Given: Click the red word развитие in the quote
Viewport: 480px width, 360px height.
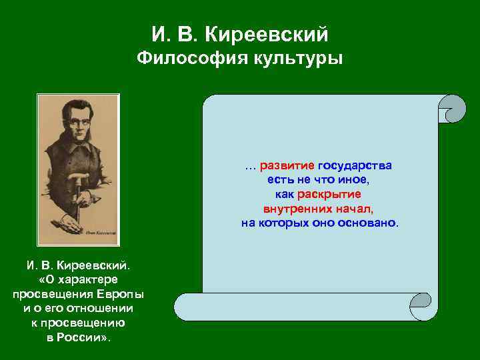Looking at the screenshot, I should [287, 165].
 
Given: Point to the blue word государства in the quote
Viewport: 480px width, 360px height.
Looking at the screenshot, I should [355, 165].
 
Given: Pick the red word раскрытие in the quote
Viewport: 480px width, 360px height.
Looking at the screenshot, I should [329, 194].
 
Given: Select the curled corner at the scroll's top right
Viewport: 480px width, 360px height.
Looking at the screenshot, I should [453, 109].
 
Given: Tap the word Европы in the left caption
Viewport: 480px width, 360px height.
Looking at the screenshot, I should [121, 294].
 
